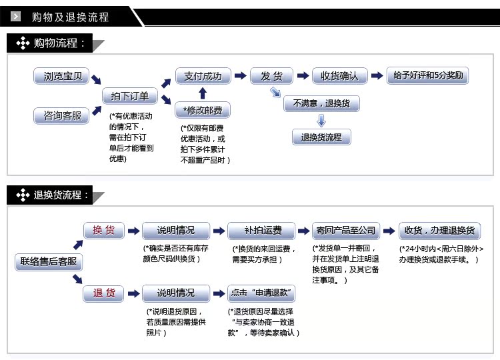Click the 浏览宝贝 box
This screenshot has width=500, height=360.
pyautogui.click(x=61, y=76)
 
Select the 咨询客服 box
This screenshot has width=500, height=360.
pyautogui.click(x=61, y=115)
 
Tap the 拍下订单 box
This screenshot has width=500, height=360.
pyautogui.click(x=130, y=96)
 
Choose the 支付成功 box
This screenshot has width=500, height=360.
pyautogui.click(x=203, y=76)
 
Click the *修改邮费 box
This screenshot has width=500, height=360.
pyautogui.click(x=203, y=110)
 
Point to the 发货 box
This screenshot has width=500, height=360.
pyautogui.click(x=272, y=76)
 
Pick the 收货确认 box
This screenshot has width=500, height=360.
pyautogui.click(x=339, y=76)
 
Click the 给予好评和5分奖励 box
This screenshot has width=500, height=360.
pyautogui.click(x=427, y=75)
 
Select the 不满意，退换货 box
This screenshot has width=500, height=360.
pyautogui.click(x=321, y=103)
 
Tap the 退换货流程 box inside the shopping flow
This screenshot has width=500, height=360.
pyautogui.click(x=321, y=137)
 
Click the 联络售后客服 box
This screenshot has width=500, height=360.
pyautogui.click(x=49, y=262)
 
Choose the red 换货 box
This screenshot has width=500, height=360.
pyautogui.click(x=103, y=230)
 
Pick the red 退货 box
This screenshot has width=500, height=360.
pyautogui.click(x=103, y=293)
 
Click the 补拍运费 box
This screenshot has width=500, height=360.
pyautogui.click(x=261, y=231)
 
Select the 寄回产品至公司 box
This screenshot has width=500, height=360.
pyautogui.click(x=346, y=231)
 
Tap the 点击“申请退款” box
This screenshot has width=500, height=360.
pyautogui.click(x=261, y=293)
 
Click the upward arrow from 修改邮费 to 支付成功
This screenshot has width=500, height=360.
pyautogui.click(x=203, y=93)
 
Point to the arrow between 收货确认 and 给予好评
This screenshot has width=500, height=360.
pyautogui.click(x=377, y=75)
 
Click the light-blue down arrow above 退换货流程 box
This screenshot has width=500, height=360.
pyautogui.click(x=321, y=121)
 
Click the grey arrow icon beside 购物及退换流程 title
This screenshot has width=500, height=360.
pyautogui.click(x=15, y=16)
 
